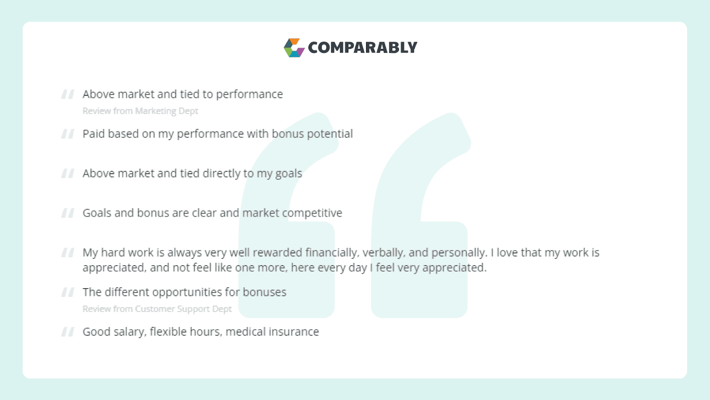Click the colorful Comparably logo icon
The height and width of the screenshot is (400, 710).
pyautogui.click(x=294, y=48)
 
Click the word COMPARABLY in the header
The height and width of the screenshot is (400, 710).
pyautogui.click(x=363, y=48)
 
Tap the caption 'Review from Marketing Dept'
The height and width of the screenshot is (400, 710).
pyautogui.click(x=140, y=111)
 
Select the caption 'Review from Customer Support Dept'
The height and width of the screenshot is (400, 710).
pyautogui.click(x=157, y=309)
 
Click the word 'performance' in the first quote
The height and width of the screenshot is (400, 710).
pyautogui.click(x=249, y=94)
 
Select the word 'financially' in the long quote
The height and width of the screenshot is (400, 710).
pyautogui.click(x=332, y=253)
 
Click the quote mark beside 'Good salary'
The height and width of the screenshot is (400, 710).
pyautogui.click(x=68, y=332)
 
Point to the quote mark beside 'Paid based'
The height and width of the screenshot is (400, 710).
pyautogui.click(x=68, y=134)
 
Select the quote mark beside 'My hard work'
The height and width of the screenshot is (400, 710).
pyautogui.click(x=68, y=252)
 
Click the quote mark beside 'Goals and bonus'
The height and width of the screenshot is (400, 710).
pyautogui.click(x=68, y=213)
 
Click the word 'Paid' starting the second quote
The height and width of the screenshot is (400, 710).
pyautogui.click(x=94, y=134)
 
